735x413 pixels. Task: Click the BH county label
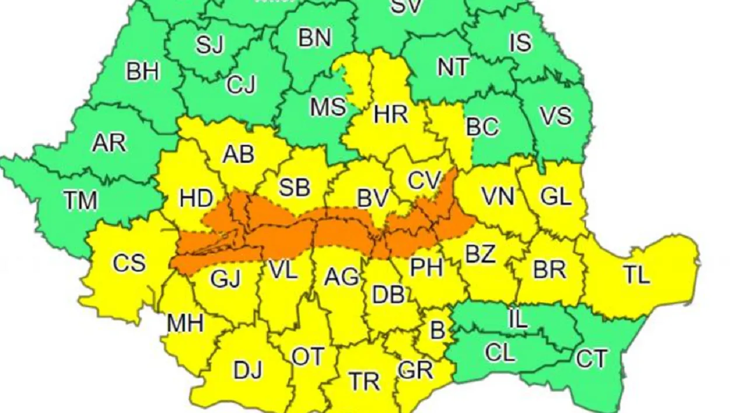click(x=143, y=73)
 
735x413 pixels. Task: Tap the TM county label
click(x=80, y=201)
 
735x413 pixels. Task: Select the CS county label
click(x=129, y=263)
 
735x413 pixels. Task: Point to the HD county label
click(x=196, y=199)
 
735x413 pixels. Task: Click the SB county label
click(x=294, y=188)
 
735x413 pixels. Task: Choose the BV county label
click(x=373, y=199)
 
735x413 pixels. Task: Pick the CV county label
click(x=423, y=181)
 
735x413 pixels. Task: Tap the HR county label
click(x=391, y=115)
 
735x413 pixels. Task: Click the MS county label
click(x=328, y=108)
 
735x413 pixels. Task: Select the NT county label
click(x=453, y=68)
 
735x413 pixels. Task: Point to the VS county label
click(x=555, y=116)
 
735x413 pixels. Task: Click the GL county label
click(x=555, y=197)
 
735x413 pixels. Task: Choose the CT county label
click(x=591, y=359)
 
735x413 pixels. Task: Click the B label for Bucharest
click(x=437, y=330)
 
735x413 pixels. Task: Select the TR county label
click(x=365, y=382)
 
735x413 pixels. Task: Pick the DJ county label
click(x=248, y=370)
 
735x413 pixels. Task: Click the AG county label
click(x=341, y=277)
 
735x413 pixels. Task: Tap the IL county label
click(x=519, y=319)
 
